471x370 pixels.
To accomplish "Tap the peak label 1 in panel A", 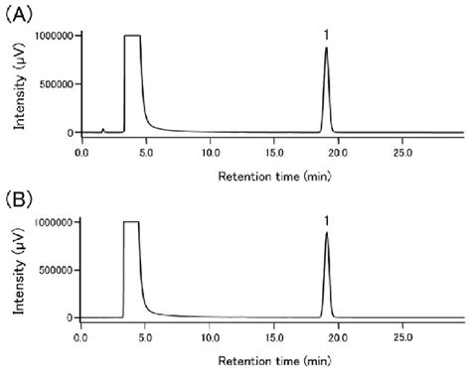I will click(326, 35).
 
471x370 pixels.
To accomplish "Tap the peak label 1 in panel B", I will click(326, 220).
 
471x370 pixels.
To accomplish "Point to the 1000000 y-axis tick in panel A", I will click(52, 36).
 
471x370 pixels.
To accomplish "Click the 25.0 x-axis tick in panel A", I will click(402, 154).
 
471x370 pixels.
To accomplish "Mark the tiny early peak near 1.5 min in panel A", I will click(103, 129).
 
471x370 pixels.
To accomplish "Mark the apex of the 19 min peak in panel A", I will click(326, 48).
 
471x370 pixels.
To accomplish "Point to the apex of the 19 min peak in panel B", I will click(326, 233).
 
